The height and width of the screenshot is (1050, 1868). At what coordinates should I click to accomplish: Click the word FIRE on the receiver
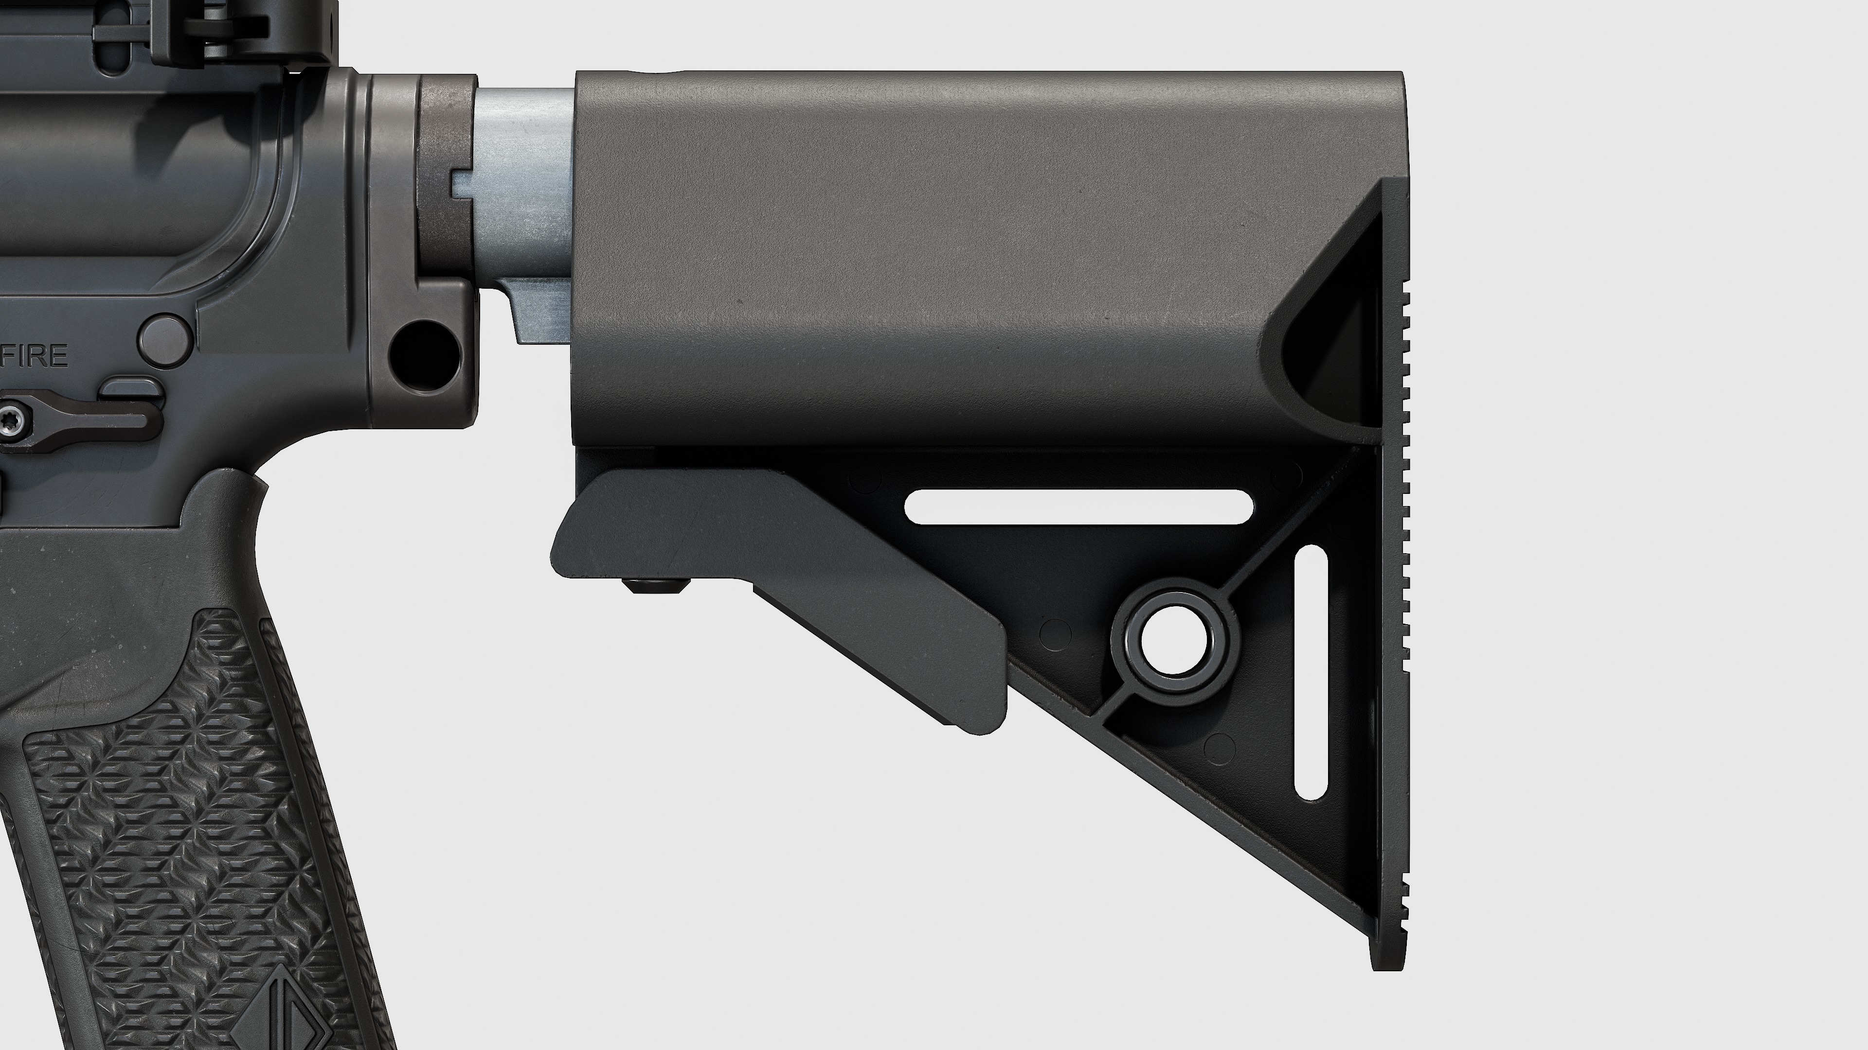(x=36, y=356)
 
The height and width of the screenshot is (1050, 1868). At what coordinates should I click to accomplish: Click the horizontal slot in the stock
(x=1079, y=507)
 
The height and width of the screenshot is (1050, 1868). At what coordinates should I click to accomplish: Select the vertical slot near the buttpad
(x=1311, y=672)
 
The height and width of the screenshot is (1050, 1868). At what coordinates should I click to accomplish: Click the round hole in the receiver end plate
(x=424, y=353)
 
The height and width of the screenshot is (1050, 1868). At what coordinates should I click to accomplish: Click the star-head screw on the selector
(x=13, y=422)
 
